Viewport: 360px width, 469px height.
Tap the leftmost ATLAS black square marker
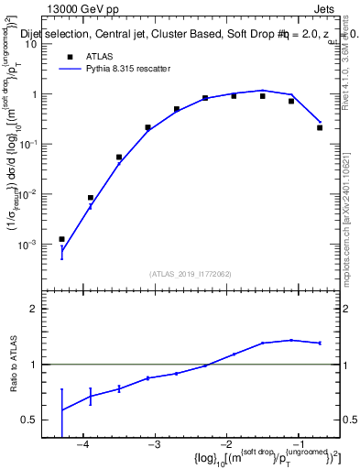click(61, 239)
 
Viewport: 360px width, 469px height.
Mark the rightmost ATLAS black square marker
click(320, 127)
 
